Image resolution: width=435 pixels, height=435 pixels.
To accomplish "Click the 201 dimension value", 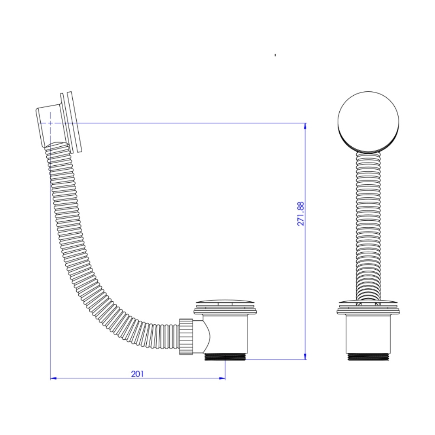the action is (137, 374).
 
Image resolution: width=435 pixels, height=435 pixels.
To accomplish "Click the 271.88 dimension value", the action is (301, 214).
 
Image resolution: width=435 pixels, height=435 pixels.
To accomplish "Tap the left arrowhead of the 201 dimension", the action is (53, 378).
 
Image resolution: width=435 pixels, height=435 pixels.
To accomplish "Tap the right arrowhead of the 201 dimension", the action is (222, 378).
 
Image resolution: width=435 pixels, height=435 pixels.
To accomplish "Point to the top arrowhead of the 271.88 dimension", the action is (306, 126).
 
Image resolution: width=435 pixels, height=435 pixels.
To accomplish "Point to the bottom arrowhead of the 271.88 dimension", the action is (306, 357).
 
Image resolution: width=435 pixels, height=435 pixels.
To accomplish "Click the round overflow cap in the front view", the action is (368, 122).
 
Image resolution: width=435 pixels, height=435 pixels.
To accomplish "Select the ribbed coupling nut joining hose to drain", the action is (186, 336).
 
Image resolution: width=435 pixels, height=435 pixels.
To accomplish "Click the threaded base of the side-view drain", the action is (225, 357).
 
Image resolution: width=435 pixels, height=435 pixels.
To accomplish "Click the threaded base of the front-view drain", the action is (368, 357).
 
